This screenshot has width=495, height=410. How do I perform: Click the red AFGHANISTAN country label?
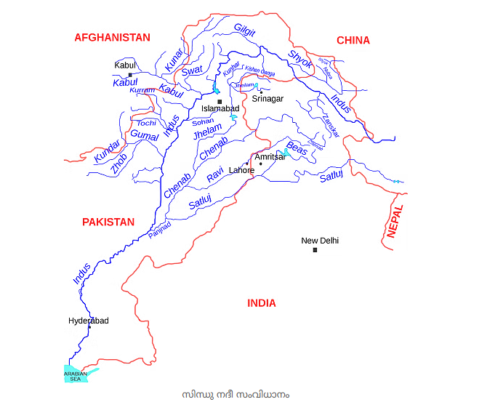click(112, 37)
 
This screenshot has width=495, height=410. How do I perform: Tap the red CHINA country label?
click(353, 41)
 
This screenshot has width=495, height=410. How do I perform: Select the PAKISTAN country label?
click(108, 222)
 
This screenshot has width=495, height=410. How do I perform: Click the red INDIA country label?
click(262, 303)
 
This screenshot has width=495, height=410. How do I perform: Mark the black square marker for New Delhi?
click(315, 250)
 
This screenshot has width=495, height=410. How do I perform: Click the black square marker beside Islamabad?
click(220, 102)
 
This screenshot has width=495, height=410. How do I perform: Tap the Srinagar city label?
click(267, 99)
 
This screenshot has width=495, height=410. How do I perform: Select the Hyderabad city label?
click(89, 321)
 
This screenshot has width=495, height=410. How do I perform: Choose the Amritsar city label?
click(270, 157)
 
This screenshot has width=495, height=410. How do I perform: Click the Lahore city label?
click(242, 171)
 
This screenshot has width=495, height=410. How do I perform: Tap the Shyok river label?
click(300, 59)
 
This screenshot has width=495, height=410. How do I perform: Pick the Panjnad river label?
click(160, 230)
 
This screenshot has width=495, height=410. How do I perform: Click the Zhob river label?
click(118, 164)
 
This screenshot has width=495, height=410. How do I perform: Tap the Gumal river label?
click(144, 135)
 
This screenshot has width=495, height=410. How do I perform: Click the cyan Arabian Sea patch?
click(76, 375)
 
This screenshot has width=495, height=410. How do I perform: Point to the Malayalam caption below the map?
click(236, 394)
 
